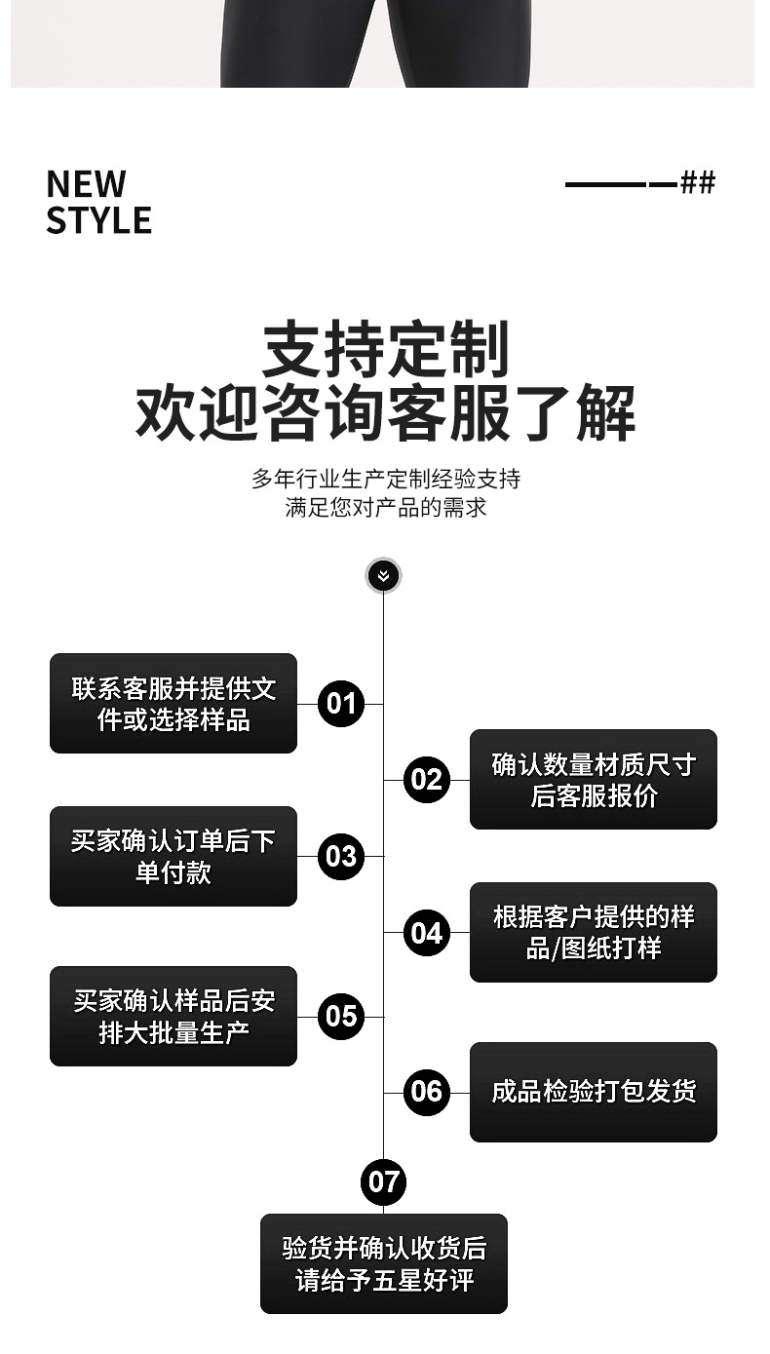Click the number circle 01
point(341,703)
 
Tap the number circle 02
point(426,780)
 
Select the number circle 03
point(341,856)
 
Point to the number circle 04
point(426,933)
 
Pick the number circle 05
point(341,1017)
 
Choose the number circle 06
point(426,1092)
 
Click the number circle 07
point(383,1182)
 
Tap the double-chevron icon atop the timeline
point(383,576)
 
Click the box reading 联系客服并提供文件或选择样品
point(173,703)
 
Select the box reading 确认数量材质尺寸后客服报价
point(593,780)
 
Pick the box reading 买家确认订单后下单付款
point(173,856)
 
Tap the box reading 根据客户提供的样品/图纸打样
point(593,932)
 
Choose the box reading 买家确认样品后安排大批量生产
point(173,1016)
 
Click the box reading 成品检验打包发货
point(593,1092)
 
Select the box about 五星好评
point(383,1263)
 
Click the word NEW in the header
point(86,183)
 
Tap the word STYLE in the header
point(98,220)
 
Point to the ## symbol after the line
point(698,182)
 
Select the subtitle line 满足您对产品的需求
point(385,507)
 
